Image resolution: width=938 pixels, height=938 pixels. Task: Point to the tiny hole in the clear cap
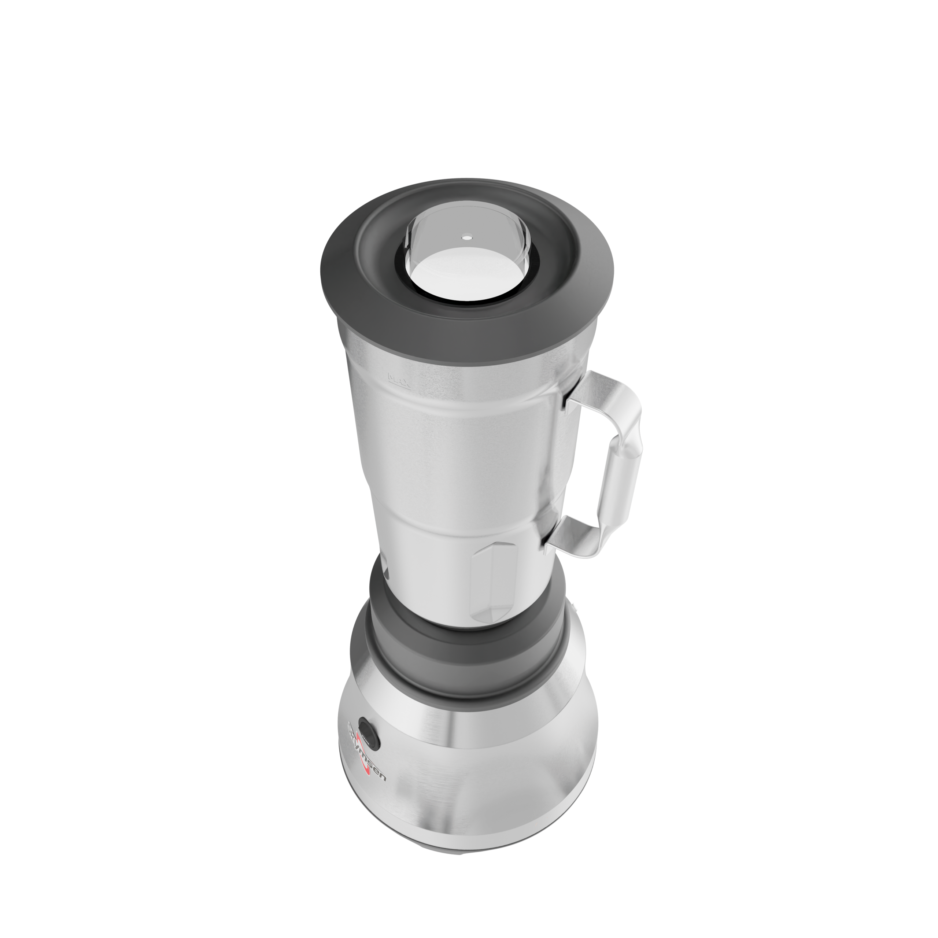pos(466,238)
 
